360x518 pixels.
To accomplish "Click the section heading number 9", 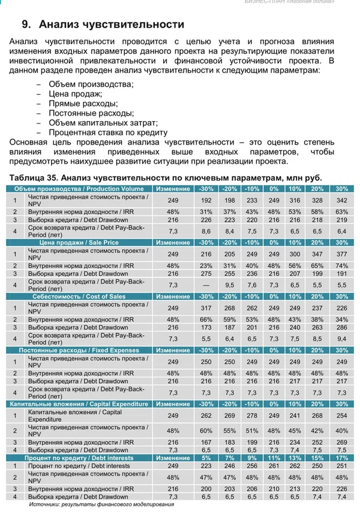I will pyautogui.click(x=25, y=25).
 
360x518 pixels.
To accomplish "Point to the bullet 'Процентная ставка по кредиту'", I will pyautogui.click(x=107, y=132).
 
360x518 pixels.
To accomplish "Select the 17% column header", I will pyautogui.click(x=342, y=458).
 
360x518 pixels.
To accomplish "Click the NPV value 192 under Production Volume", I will pyautogui.click(x=206, y=200).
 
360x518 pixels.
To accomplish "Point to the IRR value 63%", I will pyautogui.click(x=342, y=212).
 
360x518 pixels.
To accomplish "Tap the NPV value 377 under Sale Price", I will pyautogui.click(x=342, y=254).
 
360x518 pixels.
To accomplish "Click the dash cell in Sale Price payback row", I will pyautogui.click(x=206, y=285).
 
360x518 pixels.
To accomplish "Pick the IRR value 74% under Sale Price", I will pyautogui.click(x=342, y=266).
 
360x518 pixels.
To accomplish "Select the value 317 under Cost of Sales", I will pyautogui.click(x=206, y=308).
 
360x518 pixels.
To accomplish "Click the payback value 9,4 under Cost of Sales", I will pyautogui.click(x=342, y=339).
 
